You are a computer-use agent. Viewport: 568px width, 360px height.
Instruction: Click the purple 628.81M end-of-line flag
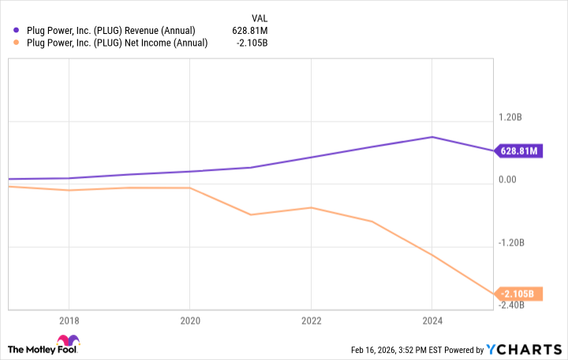pyautogui.click(x=518, y=151)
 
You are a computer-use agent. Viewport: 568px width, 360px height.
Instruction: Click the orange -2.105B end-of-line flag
pyautogui.click(x=518, y=294)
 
